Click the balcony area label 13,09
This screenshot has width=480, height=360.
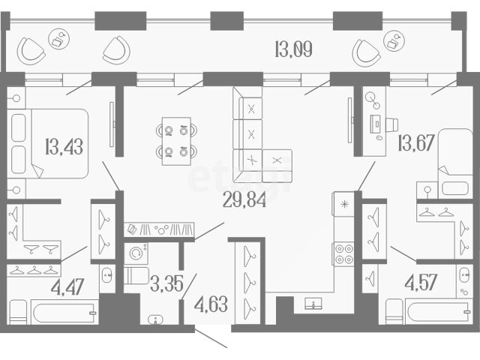pos(293,49)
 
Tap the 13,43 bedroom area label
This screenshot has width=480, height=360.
pos(64,147)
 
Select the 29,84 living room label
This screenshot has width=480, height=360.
pos(244,199)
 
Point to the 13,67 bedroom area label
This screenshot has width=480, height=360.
pos(416,142)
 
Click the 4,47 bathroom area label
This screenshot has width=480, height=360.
pos(67,287)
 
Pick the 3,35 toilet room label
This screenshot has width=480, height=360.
pos(166,283)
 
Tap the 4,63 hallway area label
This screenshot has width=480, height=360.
pos(211,304)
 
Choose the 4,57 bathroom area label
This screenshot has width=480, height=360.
pos(421,282)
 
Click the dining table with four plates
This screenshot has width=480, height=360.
pos(176,141)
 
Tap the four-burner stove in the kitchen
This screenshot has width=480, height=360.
pos(344,253)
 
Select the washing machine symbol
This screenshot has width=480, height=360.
pos(136,253)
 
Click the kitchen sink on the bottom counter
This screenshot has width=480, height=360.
pos(313,303)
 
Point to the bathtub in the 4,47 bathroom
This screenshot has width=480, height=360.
pos(64,312)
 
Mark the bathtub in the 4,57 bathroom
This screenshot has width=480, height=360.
pos(439,311)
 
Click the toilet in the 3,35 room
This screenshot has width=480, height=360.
pos(136,275)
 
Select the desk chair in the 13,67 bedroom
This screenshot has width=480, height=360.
pos(392,124)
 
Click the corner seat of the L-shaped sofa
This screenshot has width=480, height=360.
pos(247,160)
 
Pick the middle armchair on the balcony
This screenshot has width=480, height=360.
pos(116,50)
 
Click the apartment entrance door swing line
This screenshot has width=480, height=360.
pos(211,338)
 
